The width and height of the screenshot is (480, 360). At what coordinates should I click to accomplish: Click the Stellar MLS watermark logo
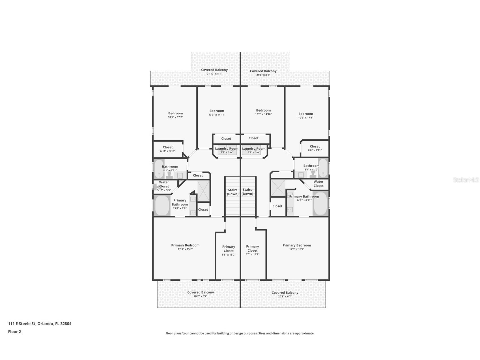click(x=466, y=180)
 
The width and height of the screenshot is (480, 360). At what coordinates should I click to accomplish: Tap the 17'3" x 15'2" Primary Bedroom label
click(x=185, y=247)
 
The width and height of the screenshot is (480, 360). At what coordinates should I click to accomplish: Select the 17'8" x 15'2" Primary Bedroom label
click(x=297, y=247)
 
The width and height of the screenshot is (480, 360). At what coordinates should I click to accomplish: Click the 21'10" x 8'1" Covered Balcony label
click(x=214, y=72)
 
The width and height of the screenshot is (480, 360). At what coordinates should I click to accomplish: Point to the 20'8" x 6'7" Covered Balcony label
click(x=285, y=294)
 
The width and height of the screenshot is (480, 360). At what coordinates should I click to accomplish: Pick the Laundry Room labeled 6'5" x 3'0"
click(x=227, y=150)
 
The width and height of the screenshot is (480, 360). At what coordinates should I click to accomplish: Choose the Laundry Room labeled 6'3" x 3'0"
click(x=254, y=150)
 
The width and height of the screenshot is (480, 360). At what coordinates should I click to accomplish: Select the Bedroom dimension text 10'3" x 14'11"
click(x=217, y=115)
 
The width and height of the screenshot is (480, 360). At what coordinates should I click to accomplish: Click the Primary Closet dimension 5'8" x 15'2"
click(x=229, y=254)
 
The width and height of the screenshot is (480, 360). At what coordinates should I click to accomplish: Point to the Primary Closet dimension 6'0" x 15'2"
click(x=252, y=254)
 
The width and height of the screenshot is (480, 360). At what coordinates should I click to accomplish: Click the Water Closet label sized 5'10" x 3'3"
click(x=164, y=186)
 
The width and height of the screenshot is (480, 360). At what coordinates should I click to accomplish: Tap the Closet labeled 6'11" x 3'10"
click(x=168, y=149)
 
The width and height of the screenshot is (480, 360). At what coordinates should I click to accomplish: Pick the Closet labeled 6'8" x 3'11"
click(x=315, y=148)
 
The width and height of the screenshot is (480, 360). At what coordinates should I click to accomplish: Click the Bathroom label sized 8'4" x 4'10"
click(x=311, y=168)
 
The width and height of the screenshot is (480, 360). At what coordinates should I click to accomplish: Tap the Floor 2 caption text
click(x=15, y=332)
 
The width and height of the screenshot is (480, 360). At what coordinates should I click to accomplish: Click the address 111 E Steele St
click(x=21, y=323)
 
